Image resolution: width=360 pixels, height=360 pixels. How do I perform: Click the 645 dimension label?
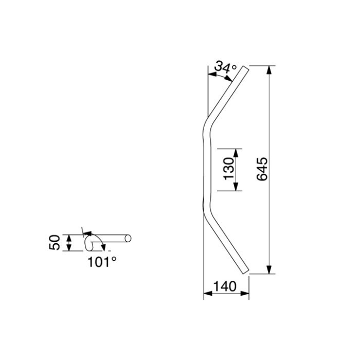[262, 169]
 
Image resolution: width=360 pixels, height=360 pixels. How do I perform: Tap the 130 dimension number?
[229, 169]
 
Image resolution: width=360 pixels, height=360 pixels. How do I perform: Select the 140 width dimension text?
[225, 286]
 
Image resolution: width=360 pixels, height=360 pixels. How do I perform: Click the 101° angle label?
[102, 262]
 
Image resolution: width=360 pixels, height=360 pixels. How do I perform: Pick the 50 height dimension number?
[55, 242]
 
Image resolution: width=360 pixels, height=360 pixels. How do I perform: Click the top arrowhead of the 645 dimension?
[269, 70]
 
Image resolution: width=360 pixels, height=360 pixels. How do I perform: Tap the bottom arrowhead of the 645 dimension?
[269, 269]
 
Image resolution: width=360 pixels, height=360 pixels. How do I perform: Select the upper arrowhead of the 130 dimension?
[236, 153]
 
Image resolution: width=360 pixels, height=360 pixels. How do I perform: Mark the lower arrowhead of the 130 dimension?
[236, 186]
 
